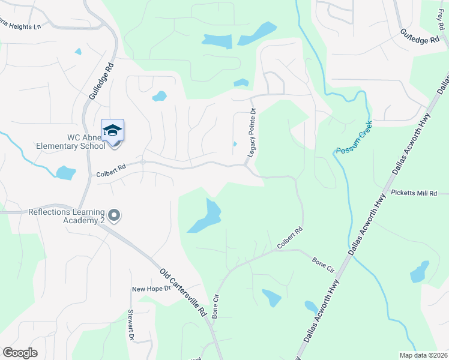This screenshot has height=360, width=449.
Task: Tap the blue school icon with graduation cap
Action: [112, 131]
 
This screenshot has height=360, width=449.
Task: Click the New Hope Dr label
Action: [152, 289]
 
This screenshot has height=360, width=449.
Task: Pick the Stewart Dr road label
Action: [130, 325]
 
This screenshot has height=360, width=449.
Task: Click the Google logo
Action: [20, 353]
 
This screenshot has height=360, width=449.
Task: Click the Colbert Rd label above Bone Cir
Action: [289, 238]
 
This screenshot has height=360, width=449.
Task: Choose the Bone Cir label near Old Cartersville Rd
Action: [217, 306]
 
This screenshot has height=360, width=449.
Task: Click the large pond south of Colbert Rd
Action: [206, 217]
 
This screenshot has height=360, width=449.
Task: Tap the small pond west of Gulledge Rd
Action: [65, 173]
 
